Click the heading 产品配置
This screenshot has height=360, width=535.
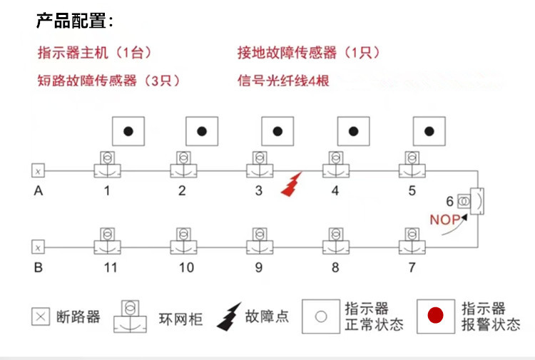74,21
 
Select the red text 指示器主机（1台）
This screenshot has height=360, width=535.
94,53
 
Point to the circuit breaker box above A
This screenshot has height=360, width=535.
38,170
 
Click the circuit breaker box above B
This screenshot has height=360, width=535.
38,247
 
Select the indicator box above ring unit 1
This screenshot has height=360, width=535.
128,131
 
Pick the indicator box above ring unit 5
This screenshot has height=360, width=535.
429,131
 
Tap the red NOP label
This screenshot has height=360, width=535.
444,220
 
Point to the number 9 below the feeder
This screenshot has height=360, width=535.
259,267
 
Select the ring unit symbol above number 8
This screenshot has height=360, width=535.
335,240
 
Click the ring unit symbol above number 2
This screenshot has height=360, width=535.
183,164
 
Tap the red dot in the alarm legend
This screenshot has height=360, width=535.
435,314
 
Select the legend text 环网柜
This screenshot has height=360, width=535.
181,319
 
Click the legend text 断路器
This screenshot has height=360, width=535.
78,317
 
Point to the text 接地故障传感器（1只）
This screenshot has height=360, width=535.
308,53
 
